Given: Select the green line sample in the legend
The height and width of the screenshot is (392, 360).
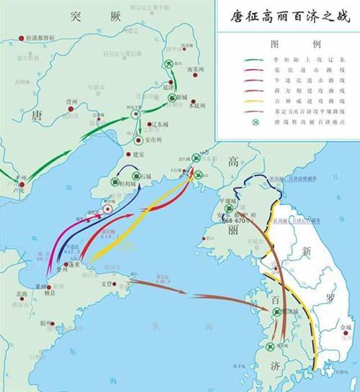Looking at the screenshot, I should click(x=254, y=61).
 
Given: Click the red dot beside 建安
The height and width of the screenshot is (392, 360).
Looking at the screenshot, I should click(x=130, y=153).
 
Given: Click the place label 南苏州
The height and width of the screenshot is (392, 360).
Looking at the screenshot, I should click(x=196, y=70).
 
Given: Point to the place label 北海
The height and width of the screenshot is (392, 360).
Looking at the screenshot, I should click(x=11, y=293).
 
